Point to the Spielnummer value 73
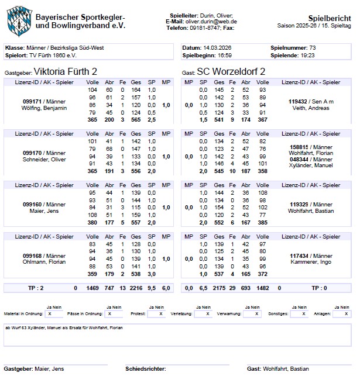[x=313, y=47]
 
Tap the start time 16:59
[x=225, y=56]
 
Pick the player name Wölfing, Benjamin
[x=45, y=108]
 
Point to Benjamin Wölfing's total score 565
[x=135, y=119]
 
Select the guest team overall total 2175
[x=219, y=288]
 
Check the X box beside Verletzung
[x=207, y=314]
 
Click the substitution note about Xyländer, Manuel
[x=64, y=328]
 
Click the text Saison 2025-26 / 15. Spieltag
[x=316, y=26]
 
